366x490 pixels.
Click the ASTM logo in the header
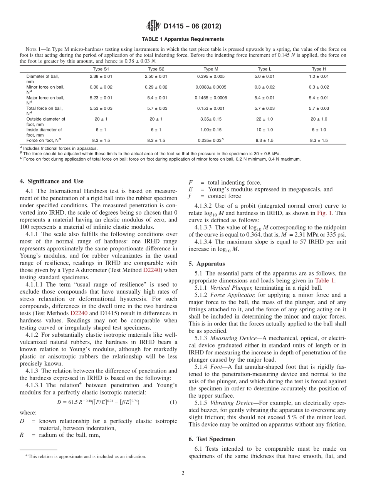153,26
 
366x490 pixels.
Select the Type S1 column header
101,69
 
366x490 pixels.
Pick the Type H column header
319,69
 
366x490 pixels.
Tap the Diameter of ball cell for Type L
265,76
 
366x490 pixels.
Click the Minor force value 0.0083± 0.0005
211,87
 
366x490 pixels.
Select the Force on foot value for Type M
211,141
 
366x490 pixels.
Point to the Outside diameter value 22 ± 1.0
265,119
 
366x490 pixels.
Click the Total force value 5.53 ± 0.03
101,108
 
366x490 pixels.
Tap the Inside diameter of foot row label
44,132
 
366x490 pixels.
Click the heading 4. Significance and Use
51,181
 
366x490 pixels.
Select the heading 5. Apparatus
205,264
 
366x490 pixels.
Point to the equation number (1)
173,402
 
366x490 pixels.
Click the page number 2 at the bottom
183,473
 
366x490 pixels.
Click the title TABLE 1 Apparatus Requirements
183,39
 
